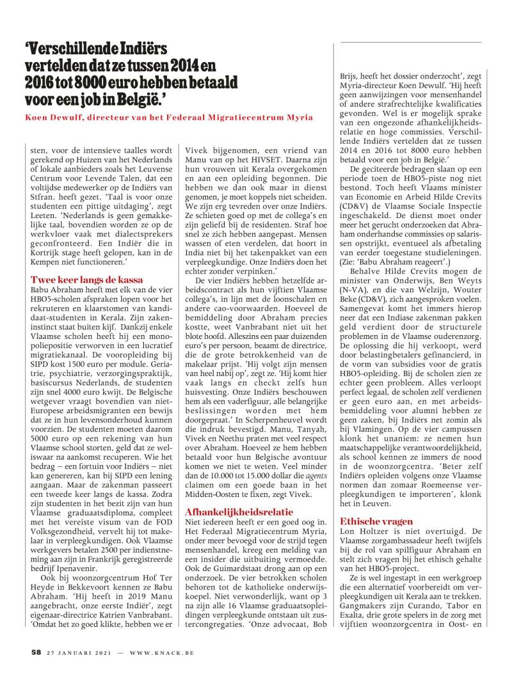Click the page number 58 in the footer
click(x=37, y=654)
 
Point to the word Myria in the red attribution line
click(x=300, y=117)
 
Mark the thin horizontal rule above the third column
click(x=410, y=42)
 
